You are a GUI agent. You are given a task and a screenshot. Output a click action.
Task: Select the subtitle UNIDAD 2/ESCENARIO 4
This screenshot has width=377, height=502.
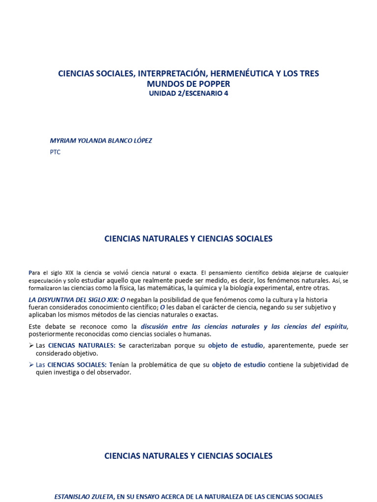pyautogui.click(x=189, y=94)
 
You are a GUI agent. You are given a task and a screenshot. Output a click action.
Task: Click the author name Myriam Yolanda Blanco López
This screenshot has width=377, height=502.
pyautogui.click(x=101, y=141)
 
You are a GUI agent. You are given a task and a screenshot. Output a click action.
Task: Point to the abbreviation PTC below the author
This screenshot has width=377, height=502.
pyautogui.click(x=55, y=152)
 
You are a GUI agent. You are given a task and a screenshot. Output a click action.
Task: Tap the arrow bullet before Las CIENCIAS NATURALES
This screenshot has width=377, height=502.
pyautogui.click(x=31, y=346)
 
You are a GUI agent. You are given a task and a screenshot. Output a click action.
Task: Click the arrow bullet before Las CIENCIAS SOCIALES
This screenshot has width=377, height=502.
pyautogui.click(x=31, y=365)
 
